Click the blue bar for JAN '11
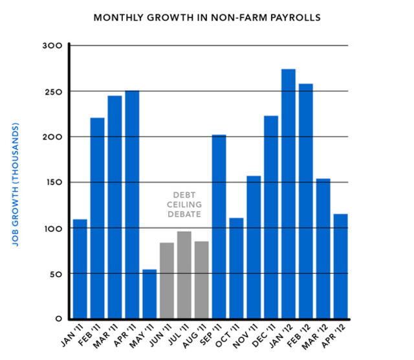coord(80,269)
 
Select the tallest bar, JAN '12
coord(289,194)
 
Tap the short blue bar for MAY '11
coord(149,294)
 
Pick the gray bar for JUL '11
coord(184,275)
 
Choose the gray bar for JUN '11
coord(167,281)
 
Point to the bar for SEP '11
coord(219,227)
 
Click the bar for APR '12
coord(341,266)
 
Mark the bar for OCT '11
coord(237,268)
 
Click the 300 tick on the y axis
coord(52,46)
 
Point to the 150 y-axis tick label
coord(52,183)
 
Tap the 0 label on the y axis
coord(58,319)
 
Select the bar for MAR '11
coord(114,208)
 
